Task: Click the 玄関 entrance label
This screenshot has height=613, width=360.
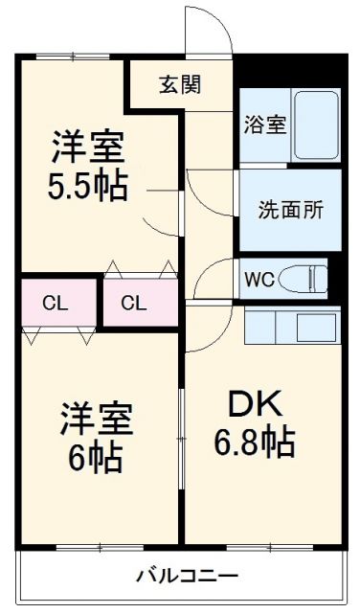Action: click(179, 85)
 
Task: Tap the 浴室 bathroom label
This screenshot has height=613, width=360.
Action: click(265, 125)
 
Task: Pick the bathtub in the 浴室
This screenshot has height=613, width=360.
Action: click(315, 125)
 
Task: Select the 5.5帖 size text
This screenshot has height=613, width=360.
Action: click(87, 185)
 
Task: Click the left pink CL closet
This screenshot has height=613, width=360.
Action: click(55, 304)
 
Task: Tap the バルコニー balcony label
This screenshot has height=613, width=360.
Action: click(187, 577)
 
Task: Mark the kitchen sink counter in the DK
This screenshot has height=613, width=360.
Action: click(292, 327)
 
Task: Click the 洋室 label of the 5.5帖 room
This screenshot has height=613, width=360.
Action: click(88, 148)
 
